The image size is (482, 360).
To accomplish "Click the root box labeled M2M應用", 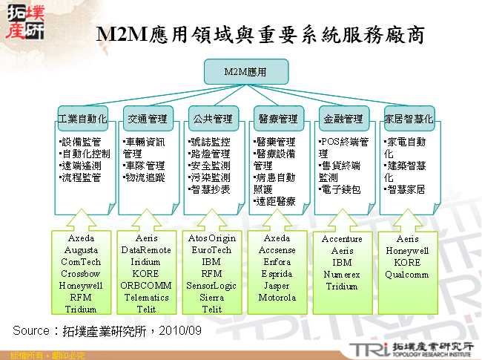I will (x=245, y=72).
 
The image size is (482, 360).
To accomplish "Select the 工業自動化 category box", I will (x=83, y=118).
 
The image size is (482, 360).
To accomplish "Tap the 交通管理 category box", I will (x=148, y=118).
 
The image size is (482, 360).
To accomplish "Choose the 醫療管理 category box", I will (x=278, y=118).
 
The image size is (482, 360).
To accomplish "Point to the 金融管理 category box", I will (x=343, y=118).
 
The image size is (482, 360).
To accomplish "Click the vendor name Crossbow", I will (x=82, y=274).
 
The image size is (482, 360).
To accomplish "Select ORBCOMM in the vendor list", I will (x=147, y=285).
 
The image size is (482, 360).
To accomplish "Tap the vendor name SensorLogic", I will (x=212, y=285).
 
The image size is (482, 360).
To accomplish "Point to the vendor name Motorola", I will (x=277, y=298).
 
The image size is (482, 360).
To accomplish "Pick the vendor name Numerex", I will (x=342, y=275).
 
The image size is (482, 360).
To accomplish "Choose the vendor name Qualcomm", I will (x=407, y=275).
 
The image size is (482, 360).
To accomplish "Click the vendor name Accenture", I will (x=342, y=240).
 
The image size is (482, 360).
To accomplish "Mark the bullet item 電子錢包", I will (x=342, y=190).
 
